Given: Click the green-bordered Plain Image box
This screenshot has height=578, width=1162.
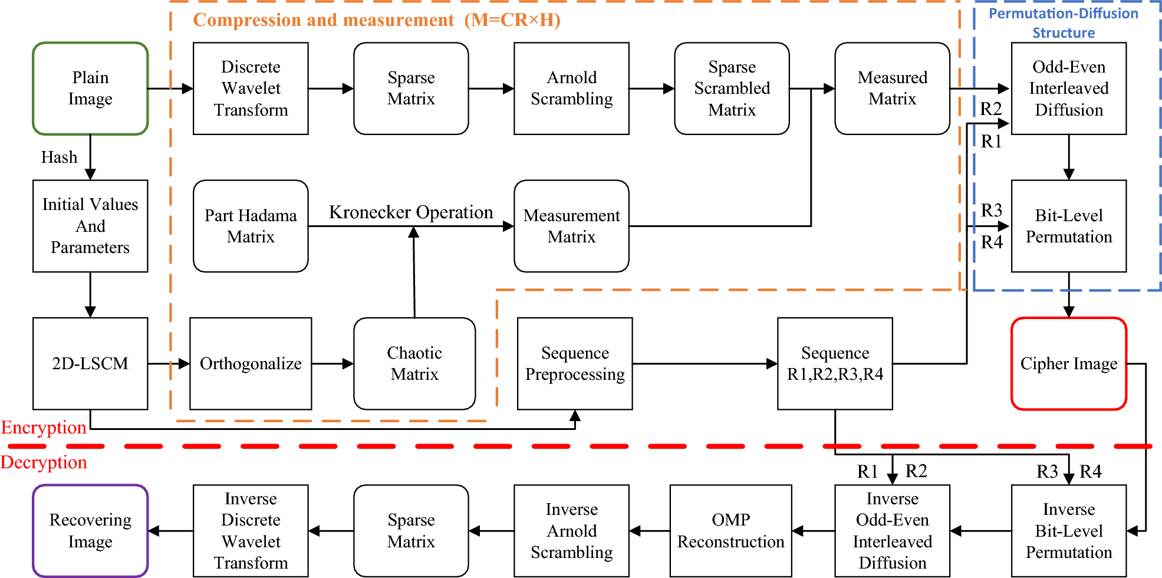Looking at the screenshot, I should tap(90, 88).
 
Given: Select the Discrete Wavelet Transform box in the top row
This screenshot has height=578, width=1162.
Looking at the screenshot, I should tap(251, 88).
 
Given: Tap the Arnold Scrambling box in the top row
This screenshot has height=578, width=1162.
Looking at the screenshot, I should tap(571, 88).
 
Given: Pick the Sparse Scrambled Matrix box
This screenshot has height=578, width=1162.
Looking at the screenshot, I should tap(732, 88).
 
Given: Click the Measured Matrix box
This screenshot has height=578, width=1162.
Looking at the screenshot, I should tap(892, 88).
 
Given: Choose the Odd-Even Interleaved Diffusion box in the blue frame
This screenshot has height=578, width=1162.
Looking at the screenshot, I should tap(1068, 88).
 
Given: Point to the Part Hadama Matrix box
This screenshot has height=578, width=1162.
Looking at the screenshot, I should tap(251, 226).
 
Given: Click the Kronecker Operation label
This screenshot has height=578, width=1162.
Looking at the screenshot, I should tap(411, 212).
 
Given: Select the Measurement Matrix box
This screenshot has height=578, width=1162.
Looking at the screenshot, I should tap(571, 226).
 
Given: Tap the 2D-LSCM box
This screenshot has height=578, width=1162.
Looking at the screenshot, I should tap(90, 363).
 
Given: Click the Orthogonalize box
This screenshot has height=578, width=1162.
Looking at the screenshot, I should tap(251, 363).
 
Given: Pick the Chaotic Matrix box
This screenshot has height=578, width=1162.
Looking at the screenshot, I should tap(414, 363).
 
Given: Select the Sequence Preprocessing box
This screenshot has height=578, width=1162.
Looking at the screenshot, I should tap(575, 363).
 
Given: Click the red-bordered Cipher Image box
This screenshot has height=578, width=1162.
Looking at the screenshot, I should tap(1068, 363).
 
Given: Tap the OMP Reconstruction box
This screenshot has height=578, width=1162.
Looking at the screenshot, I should tap(730, 531).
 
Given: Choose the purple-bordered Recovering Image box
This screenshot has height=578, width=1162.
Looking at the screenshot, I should tap(90, 531).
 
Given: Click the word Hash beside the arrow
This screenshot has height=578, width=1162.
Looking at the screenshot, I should tap(59, 157).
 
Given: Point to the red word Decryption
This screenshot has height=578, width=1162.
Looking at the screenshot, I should tap(44, 462).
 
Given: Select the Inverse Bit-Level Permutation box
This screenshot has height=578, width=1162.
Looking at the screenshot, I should tap(1068, 531).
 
